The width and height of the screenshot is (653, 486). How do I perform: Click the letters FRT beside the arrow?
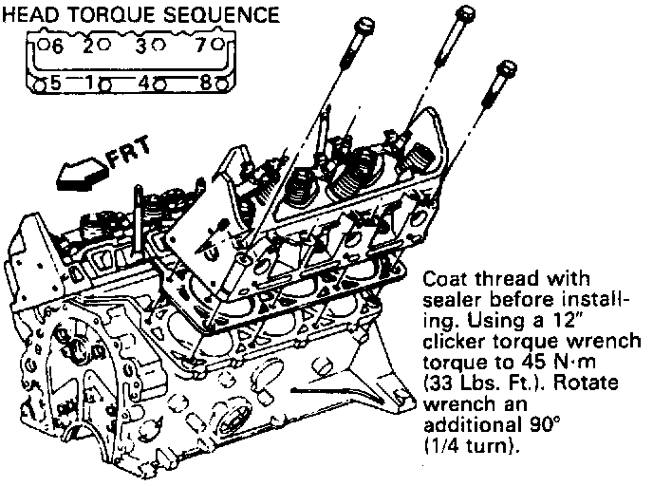tap(119, 159)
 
